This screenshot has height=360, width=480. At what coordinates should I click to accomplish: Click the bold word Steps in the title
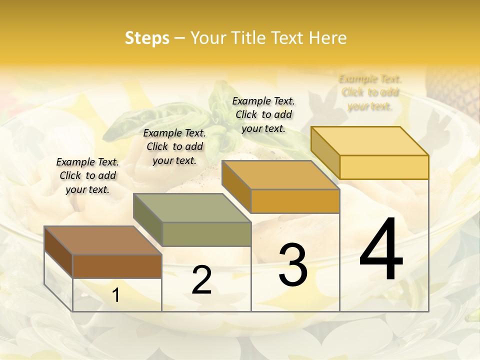(147, 38)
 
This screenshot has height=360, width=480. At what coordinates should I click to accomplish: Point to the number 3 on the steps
(293, 264)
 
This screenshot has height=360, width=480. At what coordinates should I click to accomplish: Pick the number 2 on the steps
(201, 280)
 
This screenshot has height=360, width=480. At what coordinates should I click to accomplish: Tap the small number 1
(116, 295)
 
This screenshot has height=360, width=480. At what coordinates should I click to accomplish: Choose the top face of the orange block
(280, 175)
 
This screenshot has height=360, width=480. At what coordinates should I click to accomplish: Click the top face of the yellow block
(369, 141)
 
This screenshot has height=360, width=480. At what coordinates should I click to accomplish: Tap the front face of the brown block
(117, 266)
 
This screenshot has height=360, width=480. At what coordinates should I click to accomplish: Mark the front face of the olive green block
(206, 234)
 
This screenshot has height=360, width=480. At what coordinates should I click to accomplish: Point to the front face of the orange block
(295, 201)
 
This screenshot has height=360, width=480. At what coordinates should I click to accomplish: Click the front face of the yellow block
(384, 167)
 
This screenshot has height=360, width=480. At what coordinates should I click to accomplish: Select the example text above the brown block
(87, 175)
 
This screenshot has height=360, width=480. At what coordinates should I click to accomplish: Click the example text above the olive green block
(174, 146)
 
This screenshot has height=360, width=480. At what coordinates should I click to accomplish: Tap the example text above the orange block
(263, 114)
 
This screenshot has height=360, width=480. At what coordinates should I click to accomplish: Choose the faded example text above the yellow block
(370, 92)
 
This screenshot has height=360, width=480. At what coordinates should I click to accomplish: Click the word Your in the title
(208, 38)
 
